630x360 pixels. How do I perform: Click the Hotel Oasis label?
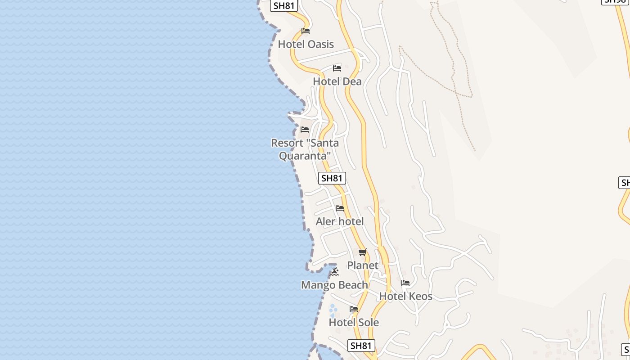pos(306,44)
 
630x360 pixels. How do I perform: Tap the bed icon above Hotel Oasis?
pos(306,31)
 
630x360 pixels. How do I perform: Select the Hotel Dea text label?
pos(337,81)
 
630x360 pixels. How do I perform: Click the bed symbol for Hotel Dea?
pos(337,68)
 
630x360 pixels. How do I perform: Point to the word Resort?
pos(287,143)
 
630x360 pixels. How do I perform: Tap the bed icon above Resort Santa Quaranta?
pos(305,130)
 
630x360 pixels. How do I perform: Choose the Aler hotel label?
pos(340,221)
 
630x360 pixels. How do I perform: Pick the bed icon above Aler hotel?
pos(340,208)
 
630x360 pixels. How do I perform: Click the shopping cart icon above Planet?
pos(363,252)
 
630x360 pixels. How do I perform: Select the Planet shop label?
pos(363,265)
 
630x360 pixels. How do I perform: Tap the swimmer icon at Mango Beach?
pos(334,272)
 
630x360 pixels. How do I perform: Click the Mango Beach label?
pos(334,285)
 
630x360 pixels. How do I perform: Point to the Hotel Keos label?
pos(405,296)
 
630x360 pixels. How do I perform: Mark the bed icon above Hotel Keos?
pos(405,283)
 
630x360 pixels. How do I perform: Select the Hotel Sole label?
pos(354,322)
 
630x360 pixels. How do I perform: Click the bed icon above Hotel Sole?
pos(354,309)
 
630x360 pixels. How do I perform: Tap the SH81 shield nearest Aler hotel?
pos(332,178)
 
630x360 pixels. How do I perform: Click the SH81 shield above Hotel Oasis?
pos(284,5)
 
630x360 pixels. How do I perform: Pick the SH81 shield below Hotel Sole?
pos(361,346)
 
